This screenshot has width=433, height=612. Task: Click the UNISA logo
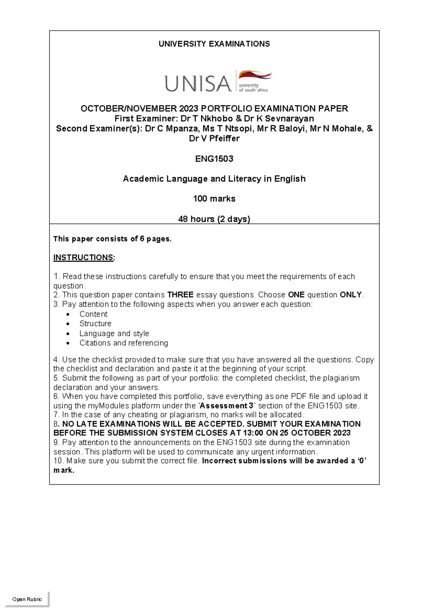coord(218,82)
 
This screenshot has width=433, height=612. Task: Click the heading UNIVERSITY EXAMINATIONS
coord(214,44)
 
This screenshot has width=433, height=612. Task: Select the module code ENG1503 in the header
coord(214,159)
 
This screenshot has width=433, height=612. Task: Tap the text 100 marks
coord(214,199)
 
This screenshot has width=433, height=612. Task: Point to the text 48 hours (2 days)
coord(214,219)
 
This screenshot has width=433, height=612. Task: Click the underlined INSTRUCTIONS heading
coord(84,258)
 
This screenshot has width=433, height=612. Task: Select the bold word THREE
coord(180,295)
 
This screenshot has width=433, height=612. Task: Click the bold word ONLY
coord(351,295)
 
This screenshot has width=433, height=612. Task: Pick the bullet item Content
coord(93,314)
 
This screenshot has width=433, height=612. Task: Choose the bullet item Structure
coord(95,324)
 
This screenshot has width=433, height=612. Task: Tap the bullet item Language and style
coord(114,333)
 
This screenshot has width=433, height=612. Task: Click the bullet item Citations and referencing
coord(124,343)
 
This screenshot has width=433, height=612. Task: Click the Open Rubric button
coord(27,599)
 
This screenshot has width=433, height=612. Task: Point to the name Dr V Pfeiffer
coord(214,139)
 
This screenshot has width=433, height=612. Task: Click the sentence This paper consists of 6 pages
coord(112,239)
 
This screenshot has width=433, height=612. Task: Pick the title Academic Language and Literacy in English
coord(214,179)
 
